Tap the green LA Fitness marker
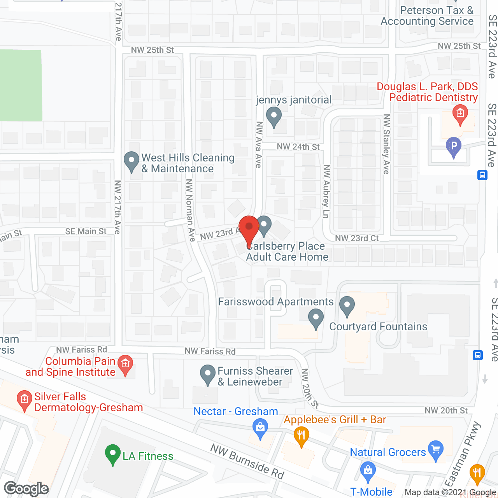tap(112, 454)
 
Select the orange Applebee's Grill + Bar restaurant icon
tap(301, 436)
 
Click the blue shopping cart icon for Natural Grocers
tap(436, 451)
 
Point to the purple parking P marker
tap(454, 147)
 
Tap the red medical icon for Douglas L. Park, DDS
tap(460, 114)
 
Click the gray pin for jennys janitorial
tap(274, 116)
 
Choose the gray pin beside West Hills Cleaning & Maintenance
tap(132, 161)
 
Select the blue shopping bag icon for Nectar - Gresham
tap(260, 428)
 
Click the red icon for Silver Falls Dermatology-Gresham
tap(25, 400)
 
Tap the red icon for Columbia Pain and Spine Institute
tap(125, 365)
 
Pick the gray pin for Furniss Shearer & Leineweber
tap(208, 375)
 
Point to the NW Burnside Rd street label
tap(247, 461)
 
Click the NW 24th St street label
tap(298, 147)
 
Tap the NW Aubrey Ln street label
tap(326, 191)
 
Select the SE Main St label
tap(86, 231)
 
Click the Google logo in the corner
tap(26, 489)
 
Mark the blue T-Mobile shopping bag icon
tap(368, 471)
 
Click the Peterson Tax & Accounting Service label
tap(427, 16)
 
